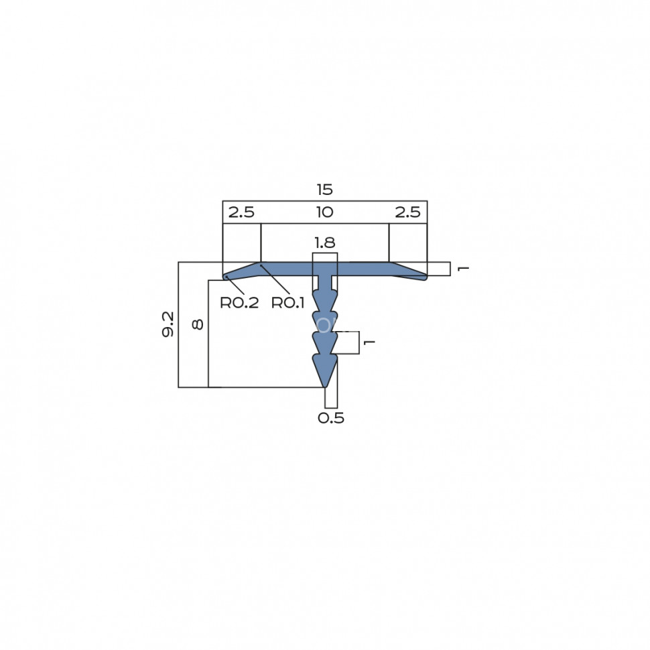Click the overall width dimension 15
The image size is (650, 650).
pyautogui.click(x=324, y=190)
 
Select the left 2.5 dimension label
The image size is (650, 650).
pyautogui.click(x=241, y=212)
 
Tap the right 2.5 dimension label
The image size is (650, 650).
pyautogui.click(x=407, y=212)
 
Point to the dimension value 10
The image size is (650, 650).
pyautogui.click(x=324, y=212)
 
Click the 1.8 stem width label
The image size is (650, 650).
pyautogui.click(x=324, y=243)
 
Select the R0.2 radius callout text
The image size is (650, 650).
pyautogui.click(x=239, y=303)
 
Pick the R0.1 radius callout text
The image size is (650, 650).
pyautogui.click(x=287, y=303)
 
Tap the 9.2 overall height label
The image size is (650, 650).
pyautogui.click(x=168, y=324)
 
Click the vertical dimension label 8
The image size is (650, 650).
pyautogui.click(x=198, y=324)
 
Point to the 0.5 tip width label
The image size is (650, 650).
pyautogui.click(x=331, y=418)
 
